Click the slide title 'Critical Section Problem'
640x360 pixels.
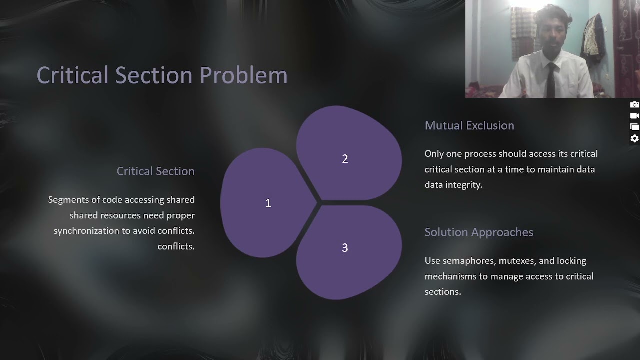pos(162,75)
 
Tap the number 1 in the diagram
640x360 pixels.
pos(268,203)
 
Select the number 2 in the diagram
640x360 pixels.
pos(345,159)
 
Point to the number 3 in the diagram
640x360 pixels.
pos(345,248)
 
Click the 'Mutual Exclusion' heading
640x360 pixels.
pos(469,126)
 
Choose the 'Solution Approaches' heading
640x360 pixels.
pos(478,232)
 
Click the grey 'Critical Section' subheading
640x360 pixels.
pos(155,171)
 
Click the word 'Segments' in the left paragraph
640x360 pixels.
pos(67,200)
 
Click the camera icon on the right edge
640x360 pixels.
pos(634,105)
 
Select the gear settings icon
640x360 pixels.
pos(634,139)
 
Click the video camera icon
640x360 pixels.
pos(634,116)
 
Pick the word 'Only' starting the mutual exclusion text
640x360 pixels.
pos(433,154)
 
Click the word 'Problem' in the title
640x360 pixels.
pos(243,75)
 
